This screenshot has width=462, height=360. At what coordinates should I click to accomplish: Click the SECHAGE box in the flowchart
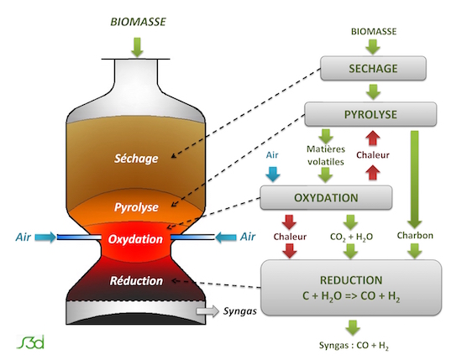pos(373,68)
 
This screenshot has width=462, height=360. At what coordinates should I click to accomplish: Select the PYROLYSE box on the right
pos(370,114)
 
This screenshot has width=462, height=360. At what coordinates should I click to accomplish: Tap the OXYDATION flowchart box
pos(326,197)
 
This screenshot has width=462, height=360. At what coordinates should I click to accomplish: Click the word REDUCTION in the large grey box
pos(351,280)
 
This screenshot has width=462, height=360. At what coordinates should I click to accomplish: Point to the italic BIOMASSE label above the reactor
pos(138,22)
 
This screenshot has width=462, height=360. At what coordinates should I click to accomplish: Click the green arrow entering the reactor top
pos(137,47)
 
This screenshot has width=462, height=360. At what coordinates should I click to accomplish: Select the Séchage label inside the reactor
pos(136,159)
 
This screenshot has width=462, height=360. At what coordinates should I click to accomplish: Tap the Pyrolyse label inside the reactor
pos(136,207)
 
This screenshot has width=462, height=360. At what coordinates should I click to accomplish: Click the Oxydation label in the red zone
pos(135,239)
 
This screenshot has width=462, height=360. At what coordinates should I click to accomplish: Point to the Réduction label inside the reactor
pos(136,280)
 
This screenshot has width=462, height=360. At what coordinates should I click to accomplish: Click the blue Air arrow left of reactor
pos(45,237)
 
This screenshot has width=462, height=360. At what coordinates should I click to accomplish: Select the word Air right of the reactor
pos(248,237)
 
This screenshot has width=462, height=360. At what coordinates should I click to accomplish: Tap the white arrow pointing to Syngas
pos(207,311)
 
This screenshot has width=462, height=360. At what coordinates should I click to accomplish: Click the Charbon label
pos(415,235)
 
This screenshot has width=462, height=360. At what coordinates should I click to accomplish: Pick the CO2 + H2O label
pos(351,237)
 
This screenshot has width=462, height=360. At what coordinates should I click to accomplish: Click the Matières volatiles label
pos(326,155)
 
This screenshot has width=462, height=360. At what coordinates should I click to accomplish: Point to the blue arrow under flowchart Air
pos(272,174)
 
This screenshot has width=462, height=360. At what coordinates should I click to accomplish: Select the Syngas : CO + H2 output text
pos(354,345)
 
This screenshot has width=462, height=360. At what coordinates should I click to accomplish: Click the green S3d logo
pos(30,342)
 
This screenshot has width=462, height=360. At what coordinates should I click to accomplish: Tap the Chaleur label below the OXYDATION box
pos(290,237)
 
